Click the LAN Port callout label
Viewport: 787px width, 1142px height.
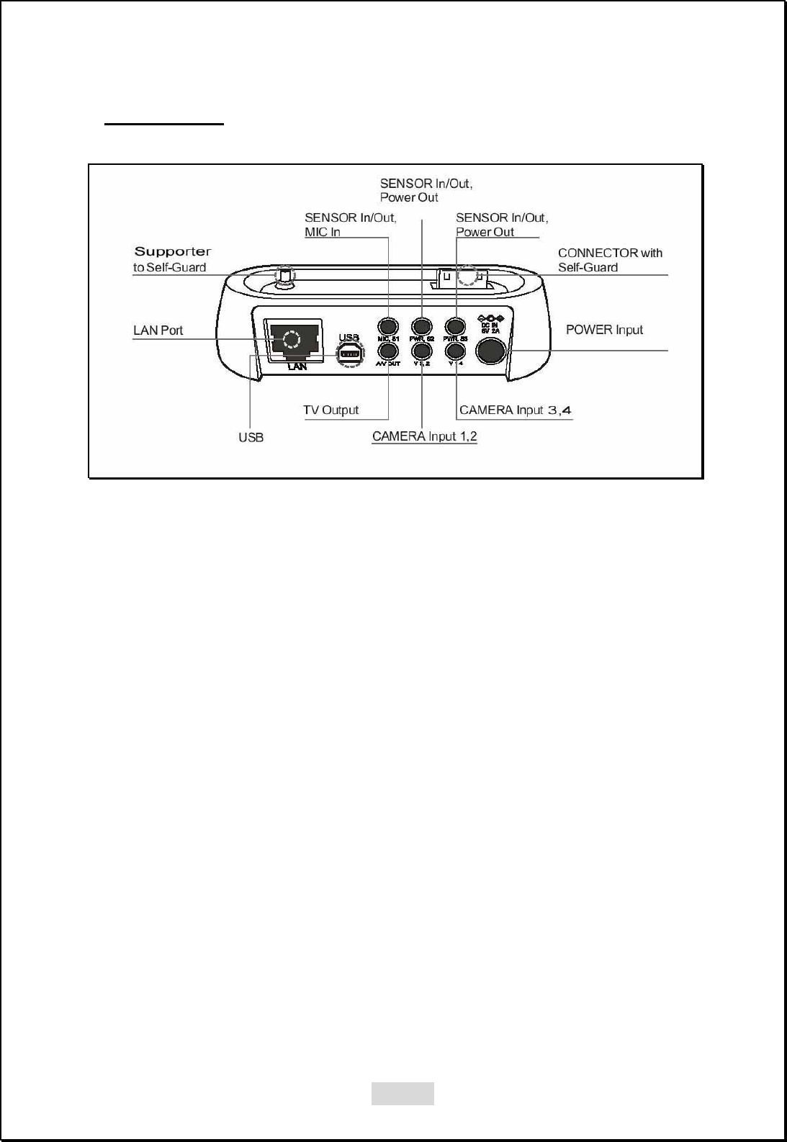click(158, 331)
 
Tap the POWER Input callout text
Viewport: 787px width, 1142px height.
click(604, 330)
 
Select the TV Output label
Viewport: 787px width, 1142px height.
click(330, 410)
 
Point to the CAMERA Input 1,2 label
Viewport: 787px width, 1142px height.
click(424, 436)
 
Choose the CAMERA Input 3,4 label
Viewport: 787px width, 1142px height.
click(515, 410)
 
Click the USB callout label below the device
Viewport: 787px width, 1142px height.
click(251, 438)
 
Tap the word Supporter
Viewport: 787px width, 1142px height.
click(173, 252)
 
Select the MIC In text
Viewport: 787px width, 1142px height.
click(323, 232)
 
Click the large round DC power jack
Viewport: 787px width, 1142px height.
click(491, 351)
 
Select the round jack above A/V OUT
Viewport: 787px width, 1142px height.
click(388, 351)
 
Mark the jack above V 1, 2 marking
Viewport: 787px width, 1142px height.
click(421, 351)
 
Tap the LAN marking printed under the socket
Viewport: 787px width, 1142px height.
click(297, 367)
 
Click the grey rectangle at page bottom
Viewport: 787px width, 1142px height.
click(403, 1093)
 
